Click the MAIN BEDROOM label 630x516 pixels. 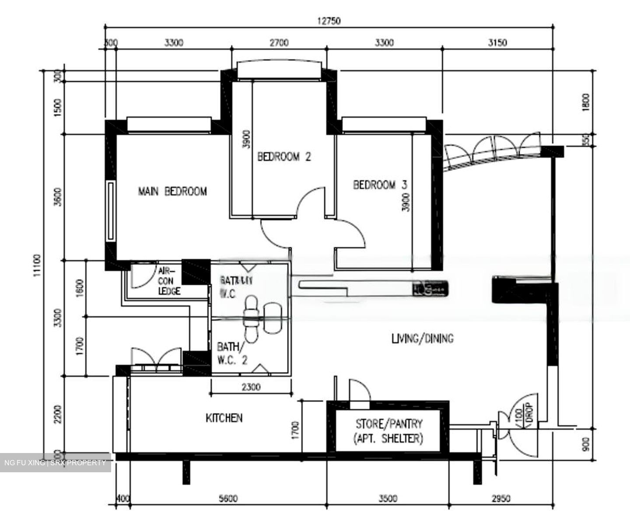(172, 191)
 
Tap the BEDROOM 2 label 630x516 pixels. (284, 157)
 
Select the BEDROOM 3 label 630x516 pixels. (380, 185)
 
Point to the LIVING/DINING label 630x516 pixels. (422, 338)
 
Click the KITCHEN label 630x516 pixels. (224, 418)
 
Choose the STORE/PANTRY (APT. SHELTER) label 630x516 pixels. (388, 431)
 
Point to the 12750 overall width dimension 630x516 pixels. (329, 20)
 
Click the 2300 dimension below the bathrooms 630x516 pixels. (251, 387)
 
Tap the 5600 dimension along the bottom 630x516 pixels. (228, 499)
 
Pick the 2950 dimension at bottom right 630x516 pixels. (501, 499)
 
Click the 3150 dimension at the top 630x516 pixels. (497, 42)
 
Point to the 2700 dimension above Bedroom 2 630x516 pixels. (279, 42)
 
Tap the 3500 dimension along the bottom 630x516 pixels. (388, 499)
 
